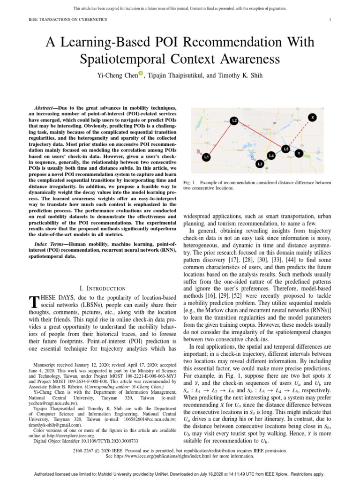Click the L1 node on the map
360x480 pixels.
[206, 158]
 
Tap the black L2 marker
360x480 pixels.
[234, 120]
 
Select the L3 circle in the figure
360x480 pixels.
[260, 164]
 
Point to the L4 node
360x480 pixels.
[271, 155]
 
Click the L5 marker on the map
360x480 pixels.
[286, 149]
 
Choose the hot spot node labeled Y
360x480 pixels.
[300, 153]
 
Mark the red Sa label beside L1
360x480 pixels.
[199, 152]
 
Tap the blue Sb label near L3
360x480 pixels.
[253, 158]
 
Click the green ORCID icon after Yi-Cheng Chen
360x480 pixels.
[140, 73]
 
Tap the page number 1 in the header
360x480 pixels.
[330, 19]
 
